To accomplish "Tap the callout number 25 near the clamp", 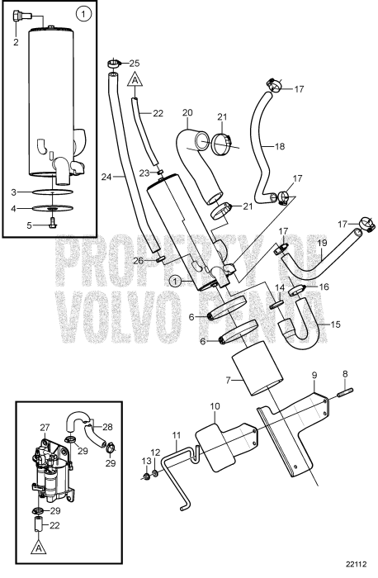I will point(135,63).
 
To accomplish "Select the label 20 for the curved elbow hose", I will point(187,112).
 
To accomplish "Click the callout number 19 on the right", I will point(322,243).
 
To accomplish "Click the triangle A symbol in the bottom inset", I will point(35,547).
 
